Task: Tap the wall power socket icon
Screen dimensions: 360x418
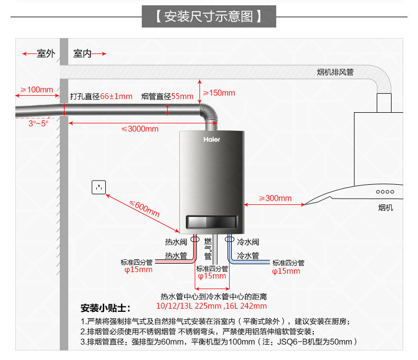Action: coord(98,187)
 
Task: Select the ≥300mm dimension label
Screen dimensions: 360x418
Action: coord(275,198)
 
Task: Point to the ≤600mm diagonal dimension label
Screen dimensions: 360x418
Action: coord(144,209)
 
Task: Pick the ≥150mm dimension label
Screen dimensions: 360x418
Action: coord(219,93)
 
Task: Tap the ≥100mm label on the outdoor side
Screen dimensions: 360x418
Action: coord(37,89)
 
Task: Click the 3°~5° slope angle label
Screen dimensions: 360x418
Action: coord(38,123)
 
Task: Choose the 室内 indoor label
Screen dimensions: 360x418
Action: coord(83,53)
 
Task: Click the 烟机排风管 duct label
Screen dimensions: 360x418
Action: coord(335,72)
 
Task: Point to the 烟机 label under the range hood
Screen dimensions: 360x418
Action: coord(386,208)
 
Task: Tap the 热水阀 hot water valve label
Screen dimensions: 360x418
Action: coord(176,242)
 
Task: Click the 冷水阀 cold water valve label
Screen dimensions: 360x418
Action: coord(248,242)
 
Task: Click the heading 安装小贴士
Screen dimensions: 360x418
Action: coord(105,308)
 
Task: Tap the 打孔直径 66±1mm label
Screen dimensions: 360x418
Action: coord(101,96)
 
